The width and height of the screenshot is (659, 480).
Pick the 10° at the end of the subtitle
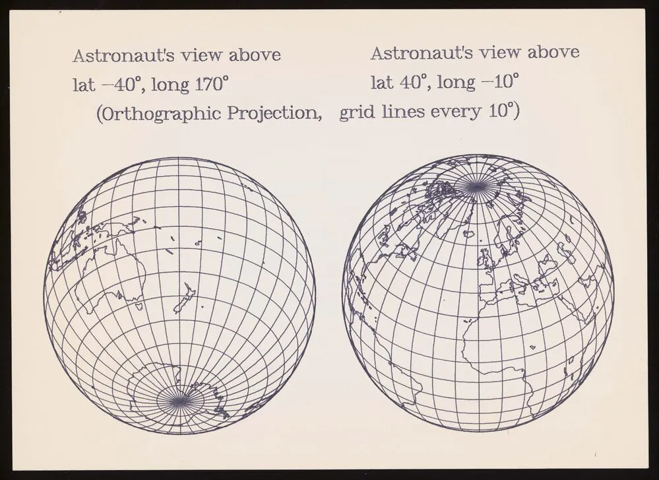pyautogui.click(x=504, y=110)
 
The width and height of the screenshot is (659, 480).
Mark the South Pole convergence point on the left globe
pyautogui.click(x=176, y=398)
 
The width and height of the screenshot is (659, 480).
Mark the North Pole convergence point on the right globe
pyautogui.click(x=474, y=188)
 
